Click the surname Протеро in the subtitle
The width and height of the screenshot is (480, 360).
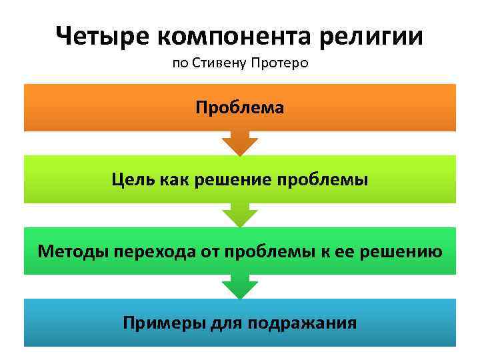[281, 65]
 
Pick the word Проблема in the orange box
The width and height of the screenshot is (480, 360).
[240, 107]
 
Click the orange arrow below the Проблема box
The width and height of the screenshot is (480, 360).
[240, 143]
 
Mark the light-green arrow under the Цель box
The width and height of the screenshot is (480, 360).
[240, 215]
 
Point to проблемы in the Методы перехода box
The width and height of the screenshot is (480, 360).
[257, 251]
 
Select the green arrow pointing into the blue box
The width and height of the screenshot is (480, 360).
[240, 287]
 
